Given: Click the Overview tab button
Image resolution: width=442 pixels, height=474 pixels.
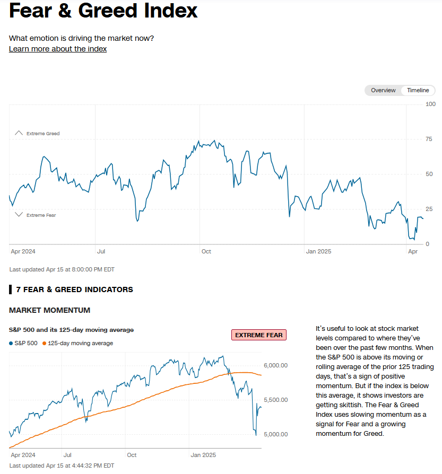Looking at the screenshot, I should tap(383, 90).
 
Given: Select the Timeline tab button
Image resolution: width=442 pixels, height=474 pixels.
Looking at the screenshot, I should tap(418, 90).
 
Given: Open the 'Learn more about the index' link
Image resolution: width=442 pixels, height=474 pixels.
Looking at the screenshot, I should tap(58, 49).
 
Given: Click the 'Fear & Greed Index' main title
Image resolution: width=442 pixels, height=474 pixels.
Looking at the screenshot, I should tap(103, 11).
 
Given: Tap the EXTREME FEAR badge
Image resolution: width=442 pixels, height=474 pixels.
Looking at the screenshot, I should tap(259, 335).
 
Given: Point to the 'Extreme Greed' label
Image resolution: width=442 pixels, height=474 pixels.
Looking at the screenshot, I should tap(43, 134).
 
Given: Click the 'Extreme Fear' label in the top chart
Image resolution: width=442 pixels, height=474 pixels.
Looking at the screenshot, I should tap(41, 215).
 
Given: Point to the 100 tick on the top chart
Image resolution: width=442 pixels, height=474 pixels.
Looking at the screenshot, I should tap(430, 104).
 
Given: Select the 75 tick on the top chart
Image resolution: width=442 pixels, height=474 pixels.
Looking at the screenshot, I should tap(429, 139).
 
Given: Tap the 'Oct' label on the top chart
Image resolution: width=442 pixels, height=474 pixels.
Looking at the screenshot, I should tap(206, 251).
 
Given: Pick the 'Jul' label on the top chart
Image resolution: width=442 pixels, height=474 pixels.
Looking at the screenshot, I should tap(101, 251).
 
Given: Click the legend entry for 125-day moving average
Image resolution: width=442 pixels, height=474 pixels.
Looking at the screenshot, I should tap(80, 343).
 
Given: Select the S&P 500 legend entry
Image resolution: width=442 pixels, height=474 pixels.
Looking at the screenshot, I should tap(23, 343).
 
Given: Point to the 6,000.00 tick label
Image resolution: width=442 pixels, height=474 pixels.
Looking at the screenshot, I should tap(275, 365).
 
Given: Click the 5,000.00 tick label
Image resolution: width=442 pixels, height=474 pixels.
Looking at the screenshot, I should tap(275, 434).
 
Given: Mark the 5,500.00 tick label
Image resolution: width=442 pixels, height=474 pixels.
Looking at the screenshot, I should tap(275, 400).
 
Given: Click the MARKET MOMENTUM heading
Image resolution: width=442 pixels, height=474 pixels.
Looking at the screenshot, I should tap(49, 310).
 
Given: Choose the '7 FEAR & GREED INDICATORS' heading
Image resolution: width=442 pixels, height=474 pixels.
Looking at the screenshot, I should tap(74, 289).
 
